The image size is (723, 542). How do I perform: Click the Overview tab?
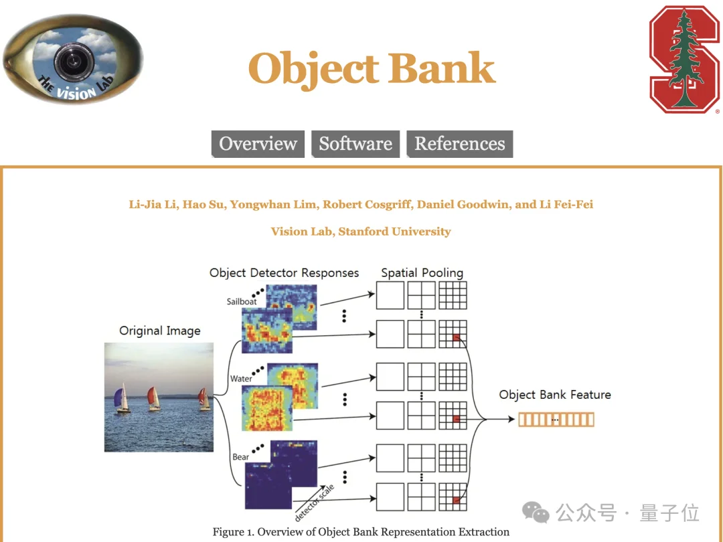(x=258, y=144)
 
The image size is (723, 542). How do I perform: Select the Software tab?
(x=355, y=144)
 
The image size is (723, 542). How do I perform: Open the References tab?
(x=460, y=144)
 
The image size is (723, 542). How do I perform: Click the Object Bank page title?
(x=372, y=69)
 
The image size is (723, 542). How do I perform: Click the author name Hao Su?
(x=205, y=204)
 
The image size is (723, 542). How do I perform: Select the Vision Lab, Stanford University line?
(x=361, y=232)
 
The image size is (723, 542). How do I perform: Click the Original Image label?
(x=159, y=331)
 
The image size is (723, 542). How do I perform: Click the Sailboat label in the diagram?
(x=242, y=302)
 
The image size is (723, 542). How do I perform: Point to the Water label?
(x=241, y=379)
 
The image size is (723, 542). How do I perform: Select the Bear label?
(x=241, y=457)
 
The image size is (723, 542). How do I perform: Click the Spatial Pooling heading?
(x=422, y=272)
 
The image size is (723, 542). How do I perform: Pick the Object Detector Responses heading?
(x=284, y=272)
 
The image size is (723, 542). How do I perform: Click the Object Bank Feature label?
(x=555, y=395)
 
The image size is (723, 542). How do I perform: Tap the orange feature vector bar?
(x=556, y=420)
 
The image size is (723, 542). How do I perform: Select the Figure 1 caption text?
(x=361, y=532)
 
